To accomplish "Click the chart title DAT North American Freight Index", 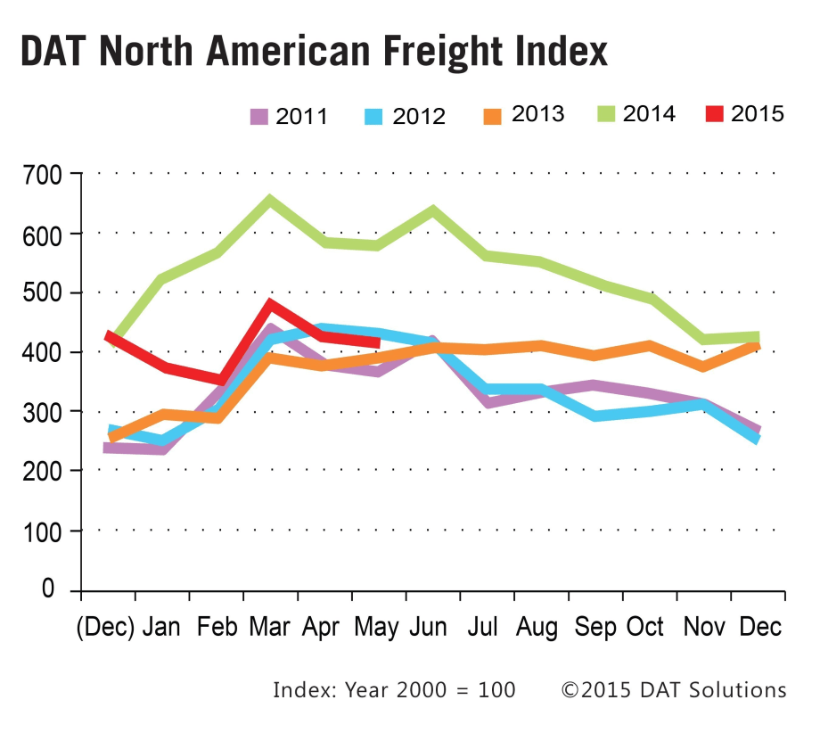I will coord(314,53).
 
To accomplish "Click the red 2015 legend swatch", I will coord(715,114).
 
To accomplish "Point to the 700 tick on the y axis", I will coord(43,175).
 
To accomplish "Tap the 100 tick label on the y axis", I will coord(43,531).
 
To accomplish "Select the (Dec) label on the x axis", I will coord(105,627).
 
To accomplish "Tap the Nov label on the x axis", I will coord(702,627).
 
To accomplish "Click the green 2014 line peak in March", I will coord(269,200).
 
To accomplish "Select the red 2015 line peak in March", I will coord(269,305).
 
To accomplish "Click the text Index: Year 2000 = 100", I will coord(394,690).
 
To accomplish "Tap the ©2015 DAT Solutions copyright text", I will coord(674,690).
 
